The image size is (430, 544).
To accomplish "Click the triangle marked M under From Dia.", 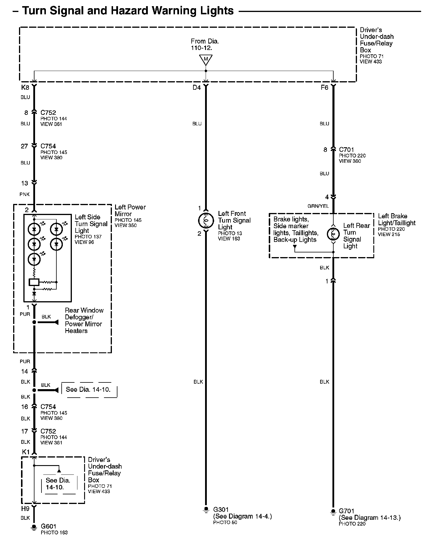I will coord(206,60).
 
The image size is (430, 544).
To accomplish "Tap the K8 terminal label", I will coord(25,87).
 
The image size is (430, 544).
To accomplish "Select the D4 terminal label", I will coord(197,88).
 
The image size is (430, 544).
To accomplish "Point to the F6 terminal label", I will coord(324,88).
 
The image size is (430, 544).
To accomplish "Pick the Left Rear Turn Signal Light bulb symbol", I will coord(333,234).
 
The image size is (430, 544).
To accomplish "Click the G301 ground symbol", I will coord(206,510).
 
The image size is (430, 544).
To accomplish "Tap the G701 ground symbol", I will coord(333,512).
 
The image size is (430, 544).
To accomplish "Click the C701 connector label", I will coord(346,150).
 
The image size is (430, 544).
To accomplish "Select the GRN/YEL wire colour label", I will coord(318,206).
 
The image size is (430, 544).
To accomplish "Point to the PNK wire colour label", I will coord(25,194).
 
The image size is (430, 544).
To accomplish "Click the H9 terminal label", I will coord(25,509).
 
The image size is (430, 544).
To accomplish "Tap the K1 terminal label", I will coord(26,452).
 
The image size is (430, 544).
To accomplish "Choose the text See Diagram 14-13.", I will coord(370,518).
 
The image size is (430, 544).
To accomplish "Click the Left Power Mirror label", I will coord(130,210).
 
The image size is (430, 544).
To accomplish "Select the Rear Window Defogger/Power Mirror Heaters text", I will coord(84,320).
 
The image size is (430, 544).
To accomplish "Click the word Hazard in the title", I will coord(129,11).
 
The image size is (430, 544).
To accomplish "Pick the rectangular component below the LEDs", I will coord(34,282).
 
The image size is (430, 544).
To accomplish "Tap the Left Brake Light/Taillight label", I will coord(396,219).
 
